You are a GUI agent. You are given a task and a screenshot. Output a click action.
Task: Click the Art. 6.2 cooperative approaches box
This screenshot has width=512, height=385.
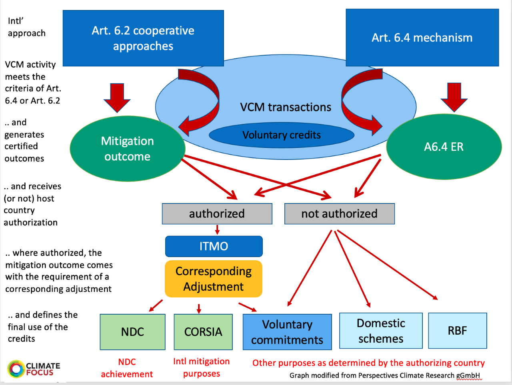point(143,38)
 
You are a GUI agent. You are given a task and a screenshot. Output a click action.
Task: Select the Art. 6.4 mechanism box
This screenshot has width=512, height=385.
point(422,38)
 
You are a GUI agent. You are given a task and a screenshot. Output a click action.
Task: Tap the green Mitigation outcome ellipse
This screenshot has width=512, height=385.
point(127,149)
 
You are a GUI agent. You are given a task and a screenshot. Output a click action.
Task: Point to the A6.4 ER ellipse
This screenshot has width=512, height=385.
point(444,147)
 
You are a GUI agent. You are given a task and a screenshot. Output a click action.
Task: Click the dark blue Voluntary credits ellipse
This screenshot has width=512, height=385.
point(281,135)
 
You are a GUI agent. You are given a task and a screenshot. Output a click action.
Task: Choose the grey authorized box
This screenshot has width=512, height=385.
point(217,213)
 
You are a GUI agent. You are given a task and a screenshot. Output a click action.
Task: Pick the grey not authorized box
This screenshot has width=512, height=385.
point(339,213)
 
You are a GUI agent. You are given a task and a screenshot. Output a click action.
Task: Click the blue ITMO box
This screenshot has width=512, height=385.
point(214,246)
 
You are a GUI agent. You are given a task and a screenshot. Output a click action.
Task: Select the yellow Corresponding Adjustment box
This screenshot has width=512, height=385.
point(213,279)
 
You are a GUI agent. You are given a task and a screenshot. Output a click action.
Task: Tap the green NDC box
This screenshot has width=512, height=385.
point(132,332)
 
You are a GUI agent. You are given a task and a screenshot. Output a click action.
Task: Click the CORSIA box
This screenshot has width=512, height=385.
point(203,332)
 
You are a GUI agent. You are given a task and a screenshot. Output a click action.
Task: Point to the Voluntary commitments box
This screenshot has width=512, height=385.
point(287,332)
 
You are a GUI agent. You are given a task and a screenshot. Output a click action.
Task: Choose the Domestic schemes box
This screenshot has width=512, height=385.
point(381,331)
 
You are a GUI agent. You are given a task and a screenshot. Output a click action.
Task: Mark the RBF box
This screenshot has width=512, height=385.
point(457,331)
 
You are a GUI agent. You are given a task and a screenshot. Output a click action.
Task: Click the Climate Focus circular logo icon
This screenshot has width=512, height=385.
point(16,369)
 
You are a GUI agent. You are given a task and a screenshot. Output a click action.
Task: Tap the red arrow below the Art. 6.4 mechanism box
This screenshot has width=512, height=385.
point(454,97)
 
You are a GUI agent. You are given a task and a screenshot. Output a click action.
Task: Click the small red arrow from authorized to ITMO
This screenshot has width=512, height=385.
point(217,229)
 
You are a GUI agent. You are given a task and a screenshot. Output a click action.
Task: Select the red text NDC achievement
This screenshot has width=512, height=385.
point(127,368)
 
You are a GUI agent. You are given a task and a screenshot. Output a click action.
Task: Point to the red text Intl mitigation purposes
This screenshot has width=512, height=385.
point(201,367)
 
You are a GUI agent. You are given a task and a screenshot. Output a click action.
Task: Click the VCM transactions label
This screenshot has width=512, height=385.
point(285,107)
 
